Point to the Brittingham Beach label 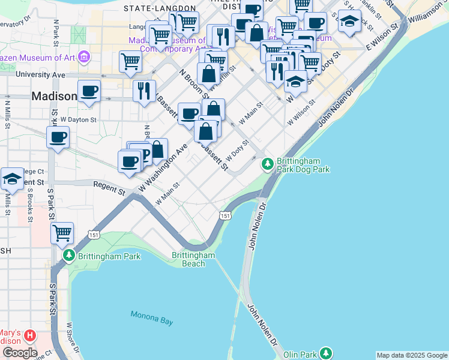point(193,259)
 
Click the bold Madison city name point(54,96)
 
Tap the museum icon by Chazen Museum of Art point(83,57)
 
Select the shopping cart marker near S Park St point(62,232)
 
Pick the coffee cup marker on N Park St point(58,137)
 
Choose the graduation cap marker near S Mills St point(13,178)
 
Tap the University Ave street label point(40,75)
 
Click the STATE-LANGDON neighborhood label point(160,8)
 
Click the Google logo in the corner point(19,353)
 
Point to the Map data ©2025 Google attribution point(412,355)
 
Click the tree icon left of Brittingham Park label point(69,256)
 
